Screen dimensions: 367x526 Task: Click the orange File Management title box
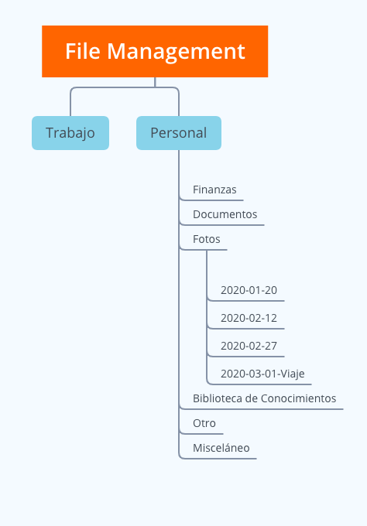coord(155,51)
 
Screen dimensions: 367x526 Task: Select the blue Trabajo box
coord(70,133)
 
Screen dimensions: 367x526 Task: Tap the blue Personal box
coord(179,133)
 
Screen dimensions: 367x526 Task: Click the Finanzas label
coord(214,190)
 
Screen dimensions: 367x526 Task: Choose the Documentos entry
coord(225,214)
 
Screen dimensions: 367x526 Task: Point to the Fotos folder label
coord(207,239)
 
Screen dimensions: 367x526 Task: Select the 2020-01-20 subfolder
coord(249,290)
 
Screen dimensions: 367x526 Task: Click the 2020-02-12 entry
coord(249,318)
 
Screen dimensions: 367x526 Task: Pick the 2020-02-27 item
coord(249,346)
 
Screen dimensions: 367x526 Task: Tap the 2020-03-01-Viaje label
coord(262,374)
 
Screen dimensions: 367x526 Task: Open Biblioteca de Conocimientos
coord(265,398)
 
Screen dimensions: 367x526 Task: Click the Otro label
coord(204,423)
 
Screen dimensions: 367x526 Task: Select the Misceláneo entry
coord(221,448)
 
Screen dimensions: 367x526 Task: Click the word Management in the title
coord(177,51)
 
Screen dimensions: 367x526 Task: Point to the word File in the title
coord(83,51)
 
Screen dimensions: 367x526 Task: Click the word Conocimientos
coord(299,398)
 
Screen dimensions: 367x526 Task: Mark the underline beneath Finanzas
coord(212,200)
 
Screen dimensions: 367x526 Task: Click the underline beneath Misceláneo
coord(218,459)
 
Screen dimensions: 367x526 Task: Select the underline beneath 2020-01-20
coord(246,301)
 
